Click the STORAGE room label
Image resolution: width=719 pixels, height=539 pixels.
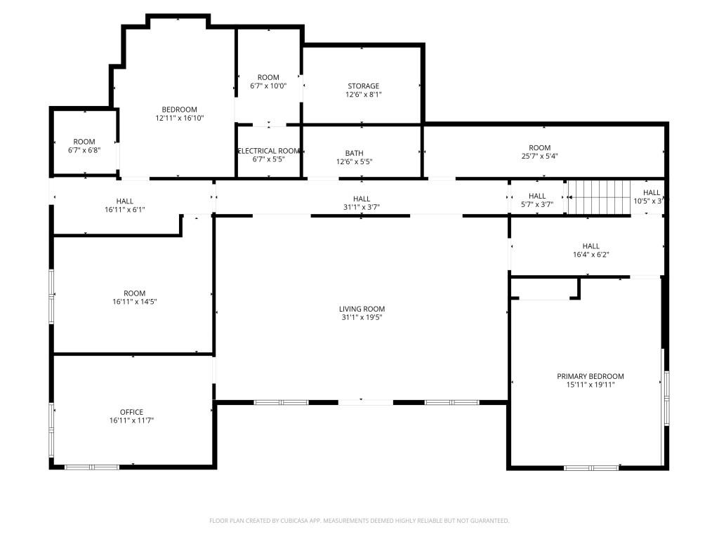[363, 86]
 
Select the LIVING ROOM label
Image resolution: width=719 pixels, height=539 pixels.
[362, 309]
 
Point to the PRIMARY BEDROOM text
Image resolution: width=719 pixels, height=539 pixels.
[590, 376]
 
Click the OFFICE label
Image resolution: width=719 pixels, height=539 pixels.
[131, 412]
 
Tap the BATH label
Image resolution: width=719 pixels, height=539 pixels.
[354, 153]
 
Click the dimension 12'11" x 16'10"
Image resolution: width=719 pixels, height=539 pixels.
[179, 119]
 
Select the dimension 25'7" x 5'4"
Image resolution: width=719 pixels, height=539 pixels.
[539, 157]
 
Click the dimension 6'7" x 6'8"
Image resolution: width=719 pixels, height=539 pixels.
[84, 150]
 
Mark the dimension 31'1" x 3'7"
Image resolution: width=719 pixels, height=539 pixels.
[362, 207]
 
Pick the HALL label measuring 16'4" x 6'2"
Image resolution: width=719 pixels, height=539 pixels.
[591, 246]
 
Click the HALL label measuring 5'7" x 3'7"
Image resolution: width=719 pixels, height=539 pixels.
[537, 196]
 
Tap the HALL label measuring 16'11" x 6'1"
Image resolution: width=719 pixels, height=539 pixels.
[124, 201]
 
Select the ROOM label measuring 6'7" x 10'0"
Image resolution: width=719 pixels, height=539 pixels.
[268, 77]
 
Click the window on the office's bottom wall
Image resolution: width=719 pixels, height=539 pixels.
[92, 467]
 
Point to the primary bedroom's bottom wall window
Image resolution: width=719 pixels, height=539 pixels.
[591, 467]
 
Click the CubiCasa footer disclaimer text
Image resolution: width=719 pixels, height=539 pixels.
[359, 521]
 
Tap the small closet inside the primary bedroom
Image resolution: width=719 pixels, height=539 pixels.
[543, 288]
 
